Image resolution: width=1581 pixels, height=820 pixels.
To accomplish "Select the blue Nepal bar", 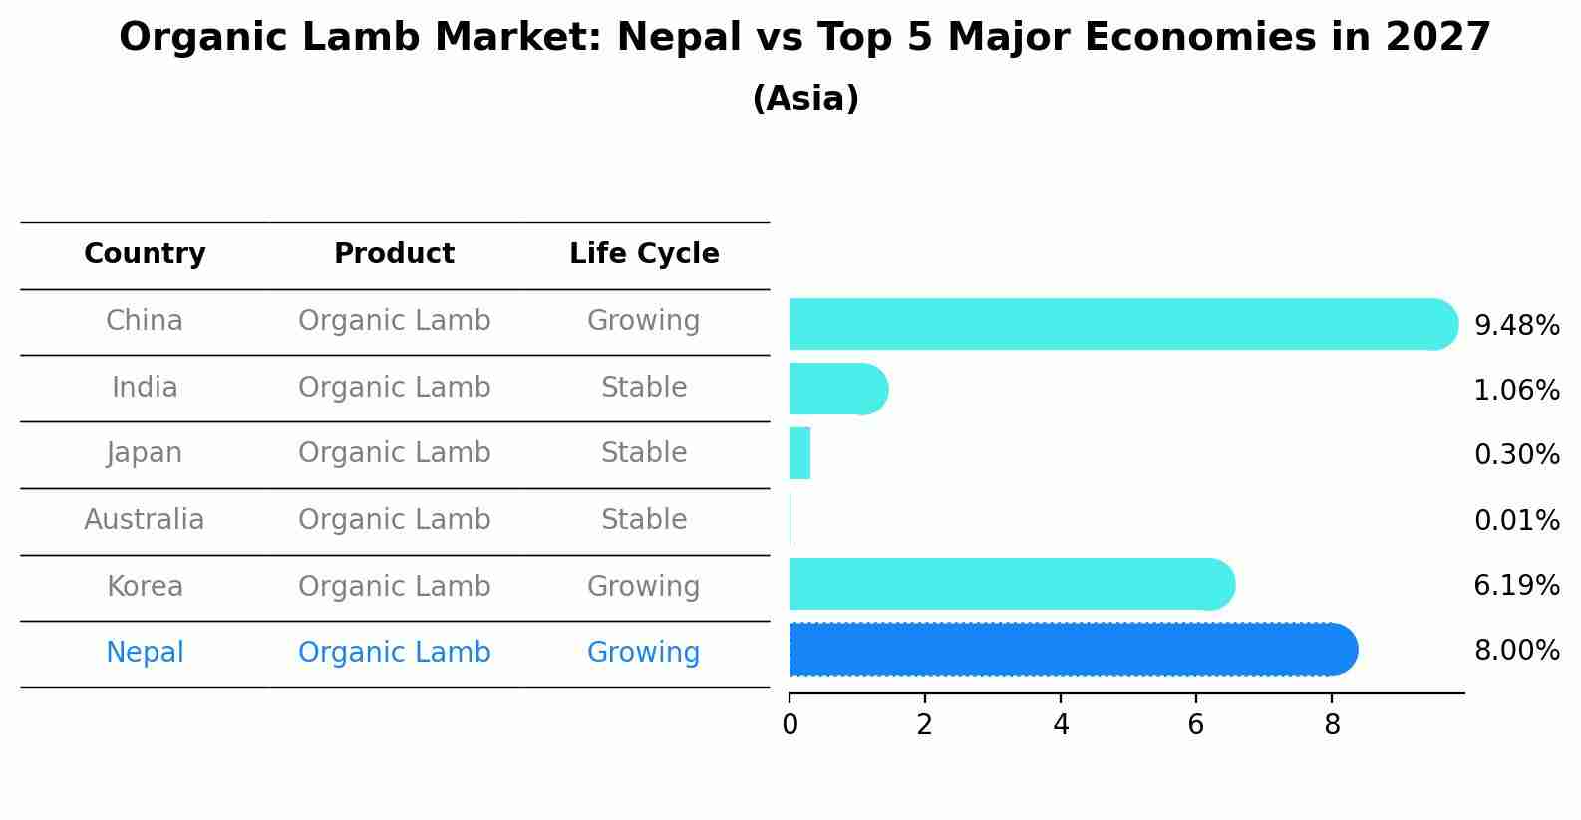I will (x=1073, y=650).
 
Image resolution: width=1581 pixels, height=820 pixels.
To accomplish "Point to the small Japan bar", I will (x=799, y=453).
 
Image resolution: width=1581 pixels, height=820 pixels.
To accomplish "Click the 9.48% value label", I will (x=1516, y=326).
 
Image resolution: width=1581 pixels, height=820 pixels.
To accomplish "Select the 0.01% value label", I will (x=1516, y=521).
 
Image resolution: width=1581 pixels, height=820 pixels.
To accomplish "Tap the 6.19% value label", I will (x=1516, y=586).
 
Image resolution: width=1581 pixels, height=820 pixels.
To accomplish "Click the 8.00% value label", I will (x=1516, y=652).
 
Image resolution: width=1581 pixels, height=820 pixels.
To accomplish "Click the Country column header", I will (x=145, y=254).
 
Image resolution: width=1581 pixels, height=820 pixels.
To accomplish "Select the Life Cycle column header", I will (x=644, y=254).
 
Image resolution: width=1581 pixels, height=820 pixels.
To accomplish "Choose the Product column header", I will (x=394, y=254).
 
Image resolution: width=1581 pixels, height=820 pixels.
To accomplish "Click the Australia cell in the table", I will (x=145, y=520).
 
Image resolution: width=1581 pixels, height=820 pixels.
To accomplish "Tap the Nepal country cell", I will (x=145, y=653).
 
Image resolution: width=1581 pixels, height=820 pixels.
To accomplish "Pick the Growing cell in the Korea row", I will (x=643, y=587).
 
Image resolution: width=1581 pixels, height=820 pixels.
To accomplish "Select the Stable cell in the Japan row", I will (x=643, y=453).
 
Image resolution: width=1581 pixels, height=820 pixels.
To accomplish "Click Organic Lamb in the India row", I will (x=394, y=388).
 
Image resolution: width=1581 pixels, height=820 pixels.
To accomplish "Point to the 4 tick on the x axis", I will (x=1061, y=725).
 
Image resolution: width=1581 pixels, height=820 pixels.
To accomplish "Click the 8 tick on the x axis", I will (x=1332, y=725).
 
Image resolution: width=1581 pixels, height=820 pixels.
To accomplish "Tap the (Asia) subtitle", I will (x=805, y=99).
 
